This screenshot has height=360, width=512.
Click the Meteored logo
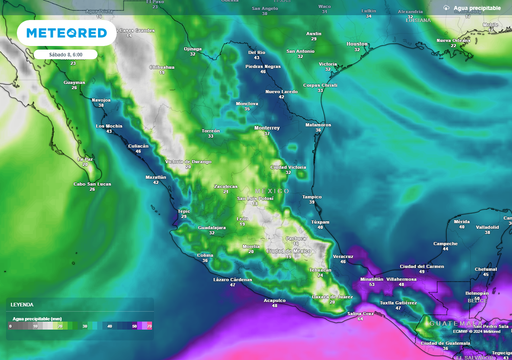click(65, 32)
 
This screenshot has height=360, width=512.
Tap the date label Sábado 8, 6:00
click(37, 53)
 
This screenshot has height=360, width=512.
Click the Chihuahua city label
click(161, 67)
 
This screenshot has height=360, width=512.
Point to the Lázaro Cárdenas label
click(232, 279)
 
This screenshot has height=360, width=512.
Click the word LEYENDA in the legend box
click(21, 304)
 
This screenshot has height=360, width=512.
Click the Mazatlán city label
click(156, 177)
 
